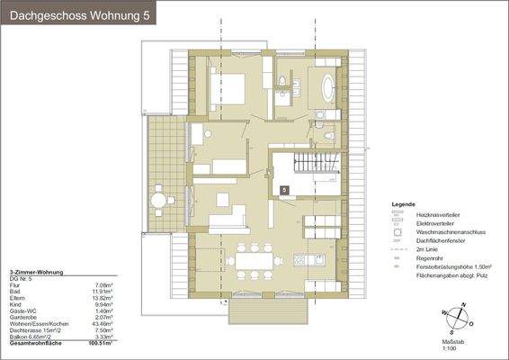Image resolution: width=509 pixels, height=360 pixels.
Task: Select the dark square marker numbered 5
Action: (x=285, y=190)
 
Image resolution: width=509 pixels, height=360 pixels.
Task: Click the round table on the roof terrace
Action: (x=159, y=200)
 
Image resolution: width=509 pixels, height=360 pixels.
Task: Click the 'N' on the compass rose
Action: (x=461, y=306)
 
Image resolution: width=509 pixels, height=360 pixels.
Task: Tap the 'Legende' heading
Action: (x=403, y=205)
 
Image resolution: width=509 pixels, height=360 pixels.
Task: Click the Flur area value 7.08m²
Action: (x=101, y=283)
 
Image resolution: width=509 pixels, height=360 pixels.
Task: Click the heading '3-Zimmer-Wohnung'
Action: (x=35, y=272)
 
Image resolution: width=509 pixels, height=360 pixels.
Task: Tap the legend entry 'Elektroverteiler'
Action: (x=437, y=223)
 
